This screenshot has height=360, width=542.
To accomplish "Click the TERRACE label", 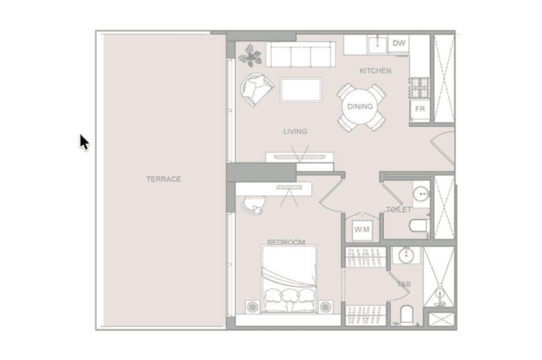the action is pos(163,179).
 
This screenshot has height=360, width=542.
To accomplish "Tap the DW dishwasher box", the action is pos(399,44).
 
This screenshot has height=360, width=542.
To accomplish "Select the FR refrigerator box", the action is pos(420,110).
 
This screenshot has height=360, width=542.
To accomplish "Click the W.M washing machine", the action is pos(362,229).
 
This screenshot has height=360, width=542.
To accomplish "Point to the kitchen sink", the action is pos(377,45).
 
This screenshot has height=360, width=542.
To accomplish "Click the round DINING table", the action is pos(360,106).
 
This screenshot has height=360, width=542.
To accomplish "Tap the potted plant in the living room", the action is pos(250,55).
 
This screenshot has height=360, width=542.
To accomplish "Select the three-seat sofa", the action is pos(300,54).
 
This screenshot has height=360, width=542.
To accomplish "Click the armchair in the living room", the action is pos(256,89).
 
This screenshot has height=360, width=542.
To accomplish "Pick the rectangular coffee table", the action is pos(301,90).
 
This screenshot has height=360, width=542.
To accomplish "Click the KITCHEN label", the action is pos(376,71).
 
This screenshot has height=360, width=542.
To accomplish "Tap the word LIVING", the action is pos(295,132).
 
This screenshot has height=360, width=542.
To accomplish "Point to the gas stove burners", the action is pos(419,87).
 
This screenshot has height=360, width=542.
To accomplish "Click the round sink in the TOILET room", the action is pos(421,194).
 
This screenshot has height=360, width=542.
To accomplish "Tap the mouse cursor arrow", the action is pos(84,142).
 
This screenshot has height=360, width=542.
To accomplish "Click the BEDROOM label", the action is pos(286,242).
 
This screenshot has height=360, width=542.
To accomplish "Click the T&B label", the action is pos(404,285).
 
